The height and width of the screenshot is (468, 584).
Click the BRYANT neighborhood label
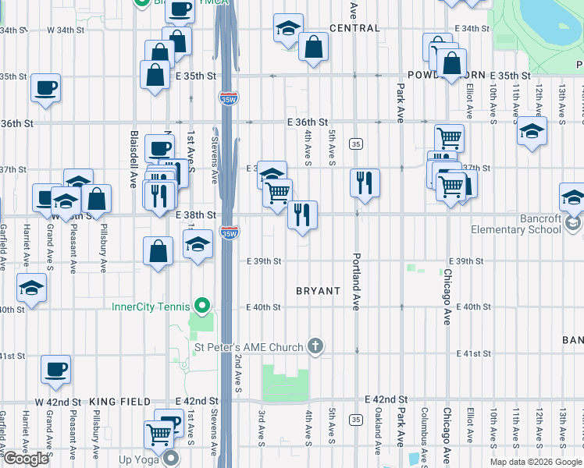coord(318,291)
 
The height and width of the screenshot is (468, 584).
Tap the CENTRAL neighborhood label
coord(354,28)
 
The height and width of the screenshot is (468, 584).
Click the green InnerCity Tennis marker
coord(203,306)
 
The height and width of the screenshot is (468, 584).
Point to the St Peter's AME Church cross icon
coord(315,346)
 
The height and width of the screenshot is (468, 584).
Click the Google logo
coord(26,459)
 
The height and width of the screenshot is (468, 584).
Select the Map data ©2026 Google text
coord(536,462)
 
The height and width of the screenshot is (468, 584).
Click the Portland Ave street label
coord(356,282)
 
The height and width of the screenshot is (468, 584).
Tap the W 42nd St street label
coord(59,402)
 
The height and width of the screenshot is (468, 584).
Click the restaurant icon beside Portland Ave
coord(365,183)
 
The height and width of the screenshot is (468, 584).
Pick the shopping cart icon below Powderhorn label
coord(449,139)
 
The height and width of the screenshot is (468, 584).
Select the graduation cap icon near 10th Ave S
coord(532,130)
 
